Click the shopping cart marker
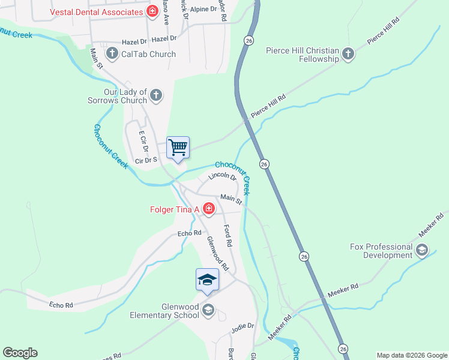click(x=178, y=147)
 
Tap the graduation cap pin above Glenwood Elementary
click(x=207, y=280)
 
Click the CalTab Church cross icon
click(x=112, y=54)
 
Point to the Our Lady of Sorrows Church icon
click(x=156, y=95)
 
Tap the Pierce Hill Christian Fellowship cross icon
click(x=348, y=55)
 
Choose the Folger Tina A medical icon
click(x=209, y=209)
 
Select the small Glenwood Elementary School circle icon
click(x=208, y=310)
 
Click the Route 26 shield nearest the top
click(x=249, y=40)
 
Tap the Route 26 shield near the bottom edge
click(x=343, y=349)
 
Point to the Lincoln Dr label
click(x=223, y=176)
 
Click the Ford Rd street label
click(x=228, y=236)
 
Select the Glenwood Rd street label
click(x=217, y=253)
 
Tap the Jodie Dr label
click(x=243, y=326)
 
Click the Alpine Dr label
click(x=203, y=9)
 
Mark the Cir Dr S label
click(x=146, y=160)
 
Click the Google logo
click(x=20, y=353)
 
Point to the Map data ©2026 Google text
click(x=411, y=355)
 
